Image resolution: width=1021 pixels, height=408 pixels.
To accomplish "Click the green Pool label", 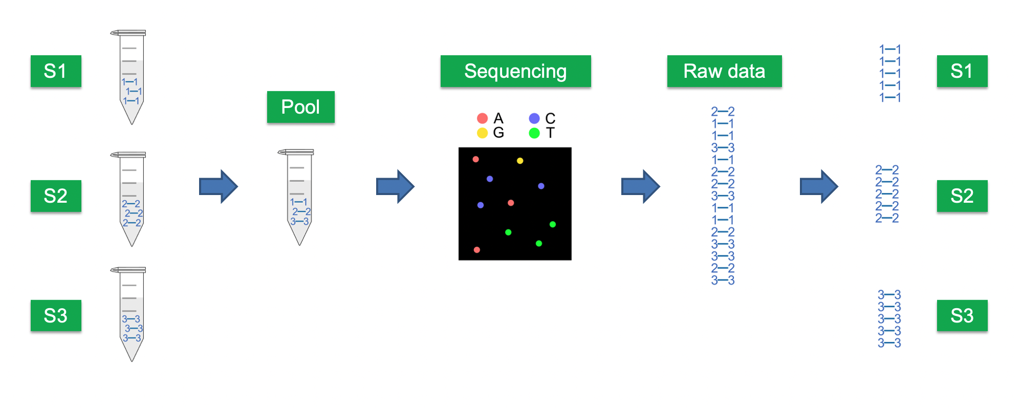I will pyautogui.click(x=300, y=107).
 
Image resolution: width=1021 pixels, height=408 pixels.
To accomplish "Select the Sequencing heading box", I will pyautogui.click(x=515, y=71).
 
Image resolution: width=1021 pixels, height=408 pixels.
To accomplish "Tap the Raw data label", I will pyautogui.click(x=724, y=71).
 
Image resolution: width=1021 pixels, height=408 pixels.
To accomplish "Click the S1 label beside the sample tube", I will pyautogui.click(x=56, y=71).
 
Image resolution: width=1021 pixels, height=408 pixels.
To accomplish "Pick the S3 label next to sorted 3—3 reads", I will pyautogui.click(x=962, y=315).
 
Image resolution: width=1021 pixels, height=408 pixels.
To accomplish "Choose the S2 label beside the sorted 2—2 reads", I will pyautogui.click(x=962, y=196).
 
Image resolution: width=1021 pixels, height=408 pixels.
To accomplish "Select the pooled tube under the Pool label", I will pyautogui.click(x=299, y=197).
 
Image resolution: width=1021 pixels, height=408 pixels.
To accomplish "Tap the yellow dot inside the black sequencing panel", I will pyautogui.click(x=520, y=161).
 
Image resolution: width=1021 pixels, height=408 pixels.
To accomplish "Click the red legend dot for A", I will pyautogui.click(x=482, y=119).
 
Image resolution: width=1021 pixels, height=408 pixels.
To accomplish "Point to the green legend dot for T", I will pyautogui.click(x=534, y=133).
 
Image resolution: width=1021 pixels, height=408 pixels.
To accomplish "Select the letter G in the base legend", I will pyautogui.click(x=498, y=133).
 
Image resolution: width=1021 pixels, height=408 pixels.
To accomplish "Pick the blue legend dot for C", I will pyautogui.click(x=534, y=119).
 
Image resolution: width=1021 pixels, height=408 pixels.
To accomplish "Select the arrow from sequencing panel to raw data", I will pyautogui.click(x=640, y=186).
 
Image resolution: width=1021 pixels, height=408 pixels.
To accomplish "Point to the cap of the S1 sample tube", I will pyautogui.click(x=128, y=33).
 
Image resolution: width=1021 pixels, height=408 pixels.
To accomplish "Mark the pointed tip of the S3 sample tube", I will pyautogui.click(x=132, y=360).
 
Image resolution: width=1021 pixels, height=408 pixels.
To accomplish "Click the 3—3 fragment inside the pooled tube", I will pyautogui.click(x=300, y=222).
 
